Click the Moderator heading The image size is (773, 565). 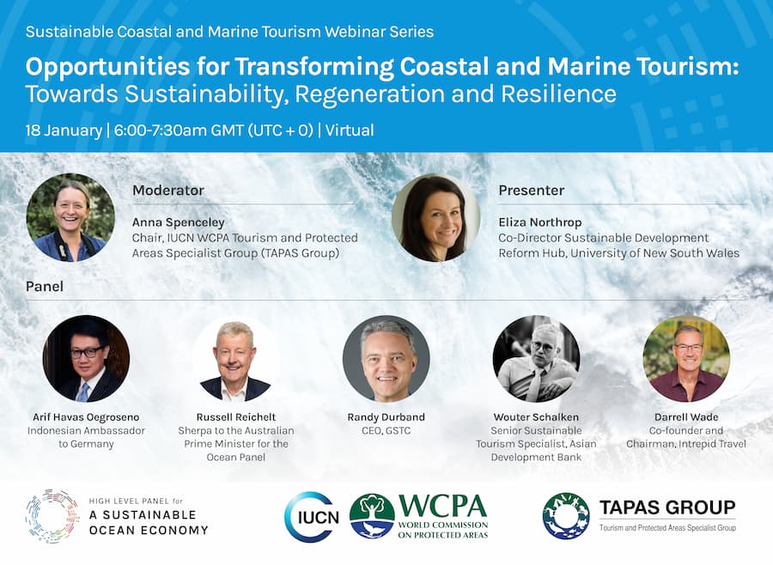pyautogui.click(x=168, y=191)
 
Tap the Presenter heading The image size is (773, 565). pyautogui.click(x=532, y=191)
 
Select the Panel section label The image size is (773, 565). pyautogui.click(x=45, y=287)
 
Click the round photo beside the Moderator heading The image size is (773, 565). pyautogui.click(x=70, y=217)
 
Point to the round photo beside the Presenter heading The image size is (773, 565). pyautogui.click(x=435, y=217)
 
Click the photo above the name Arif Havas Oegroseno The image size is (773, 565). pyautogui.click(x=86, y=358)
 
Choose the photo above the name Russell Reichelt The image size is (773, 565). pyautogui.click(x=236, y=358)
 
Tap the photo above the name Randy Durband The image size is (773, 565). pyautogui.click(x=386, y=358)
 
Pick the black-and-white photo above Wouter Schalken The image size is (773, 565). pyautogui.click(x=536, y=358)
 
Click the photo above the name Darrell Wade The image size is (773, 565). pyautogui.click(x=686, y=358)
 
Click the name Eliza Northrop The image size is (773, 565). pyautogui.click(x=540, y=222)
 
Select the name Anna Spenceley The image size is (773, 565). pyautogui.click(x=178, y=222)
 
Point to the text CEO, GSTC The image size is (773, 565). pyautogui.click(x=386, y=430)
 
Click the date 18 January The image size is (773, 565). pyautogui.click(x=64, y=131)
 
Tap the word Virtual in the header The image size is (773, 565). pyautogui.click(x=350, y=131)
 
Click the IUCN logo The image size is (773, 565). pyautogui.click(x=313, y=517)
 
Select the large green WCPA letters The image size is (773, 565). pyautogui.click(x=442, y=506)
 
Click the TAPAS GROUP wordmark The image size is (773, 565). pyautogui.click(x=667, y=507)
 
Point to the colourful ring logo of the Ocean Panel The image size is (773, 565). pyautogui.click(x=52, y=516)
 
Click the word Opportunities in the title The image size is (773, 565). pyautogui.click(x=107, y=67)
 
